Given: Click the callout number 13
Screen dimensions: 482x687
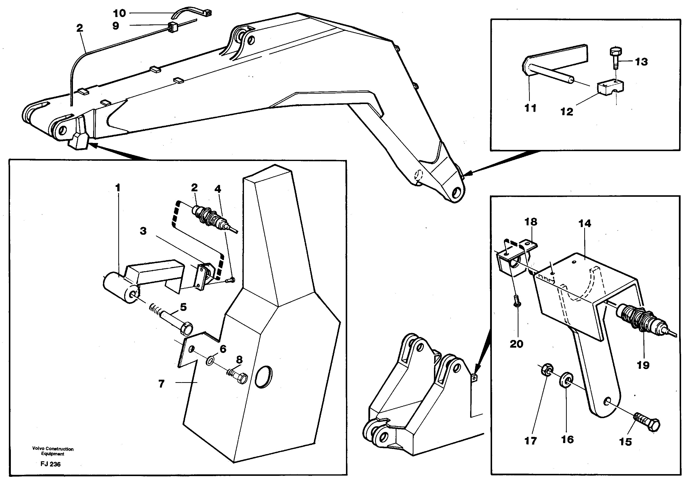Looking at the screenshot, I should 641,62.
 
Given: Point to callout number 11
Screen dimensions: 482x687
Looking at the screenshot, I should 530,108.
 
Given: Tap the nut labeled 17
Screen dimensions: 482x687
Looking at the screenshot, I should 548,370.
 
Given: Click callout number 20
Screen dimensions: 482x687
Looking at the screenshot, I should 516,344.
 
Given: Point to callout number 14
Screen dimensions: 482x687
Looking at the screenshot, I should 585,223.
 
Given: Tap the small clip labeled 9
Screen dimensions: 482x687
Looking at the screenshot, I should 172,27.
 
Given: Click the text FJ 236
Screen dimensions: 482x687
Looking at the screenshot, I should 51,464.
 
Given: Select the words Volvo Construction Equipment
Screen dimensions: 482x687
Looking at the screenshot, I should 53,451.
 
